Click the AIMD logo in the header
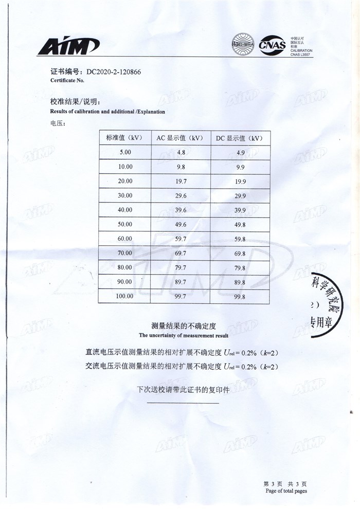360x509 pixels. tap(67, 47)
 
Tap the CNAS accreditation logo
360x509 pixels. tap(273, 45)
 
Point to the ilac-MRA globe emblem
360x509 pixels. tap(244, 44)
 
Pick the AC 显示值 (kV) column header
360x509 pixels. tap(180, 138)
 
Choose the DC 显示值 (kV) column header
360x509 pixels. tap(240, 138)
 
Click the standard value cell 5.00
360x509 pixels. tap(125, 152)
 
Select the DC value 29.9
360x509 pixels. tap(240, 196)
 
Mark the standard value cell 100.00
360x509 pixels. tap(125, 296)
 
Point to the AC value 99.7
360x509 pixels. tap(181, 296)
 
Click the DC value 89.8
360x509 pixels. tap(240, 282)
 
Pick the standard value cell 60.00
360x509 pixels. tap(125, 239)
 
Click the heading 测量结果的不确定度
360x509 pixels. tap(183, 326)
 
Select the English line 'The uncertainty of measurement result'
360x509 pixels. tap(183, 335)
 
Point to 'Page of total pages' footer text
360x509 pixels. tap(286, 491)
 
